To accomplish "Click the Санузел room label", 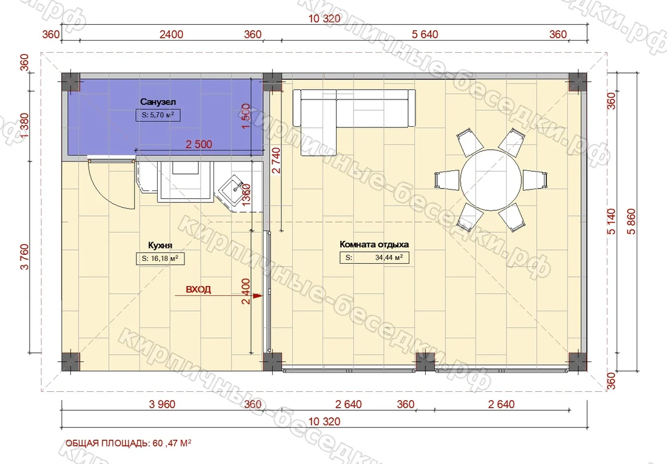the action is coord(158,102).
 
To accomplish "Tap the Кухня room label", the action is coord(160,245).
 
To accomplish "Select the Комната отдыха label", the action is coord(374,244).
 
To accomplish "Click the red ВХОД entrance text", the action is coord(198,289).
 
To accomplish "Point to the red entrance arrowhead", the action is coord(257,295).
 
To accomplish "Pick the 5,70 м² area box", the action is coord(158,115).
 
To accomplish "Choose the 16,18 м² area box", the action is coord(160,258).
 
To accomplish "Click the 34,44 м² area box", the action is coord(374,258).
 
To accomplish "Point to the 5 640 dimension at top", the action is coord(424,34).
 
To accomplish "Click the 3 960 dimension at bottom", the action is coord(162,404).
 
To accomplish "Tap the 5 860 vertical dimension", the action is coord(631,221).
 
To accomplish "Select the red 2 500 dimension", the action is coord(199,144).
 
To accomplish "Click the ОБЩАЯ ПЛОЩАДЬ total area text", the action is coord(128,443).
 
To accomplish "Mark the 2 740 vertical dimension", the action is coord(276,161).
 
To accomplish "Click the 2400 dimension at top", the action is coord(171,34).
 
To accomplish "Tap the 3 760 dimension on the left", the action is coord(24,257).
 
